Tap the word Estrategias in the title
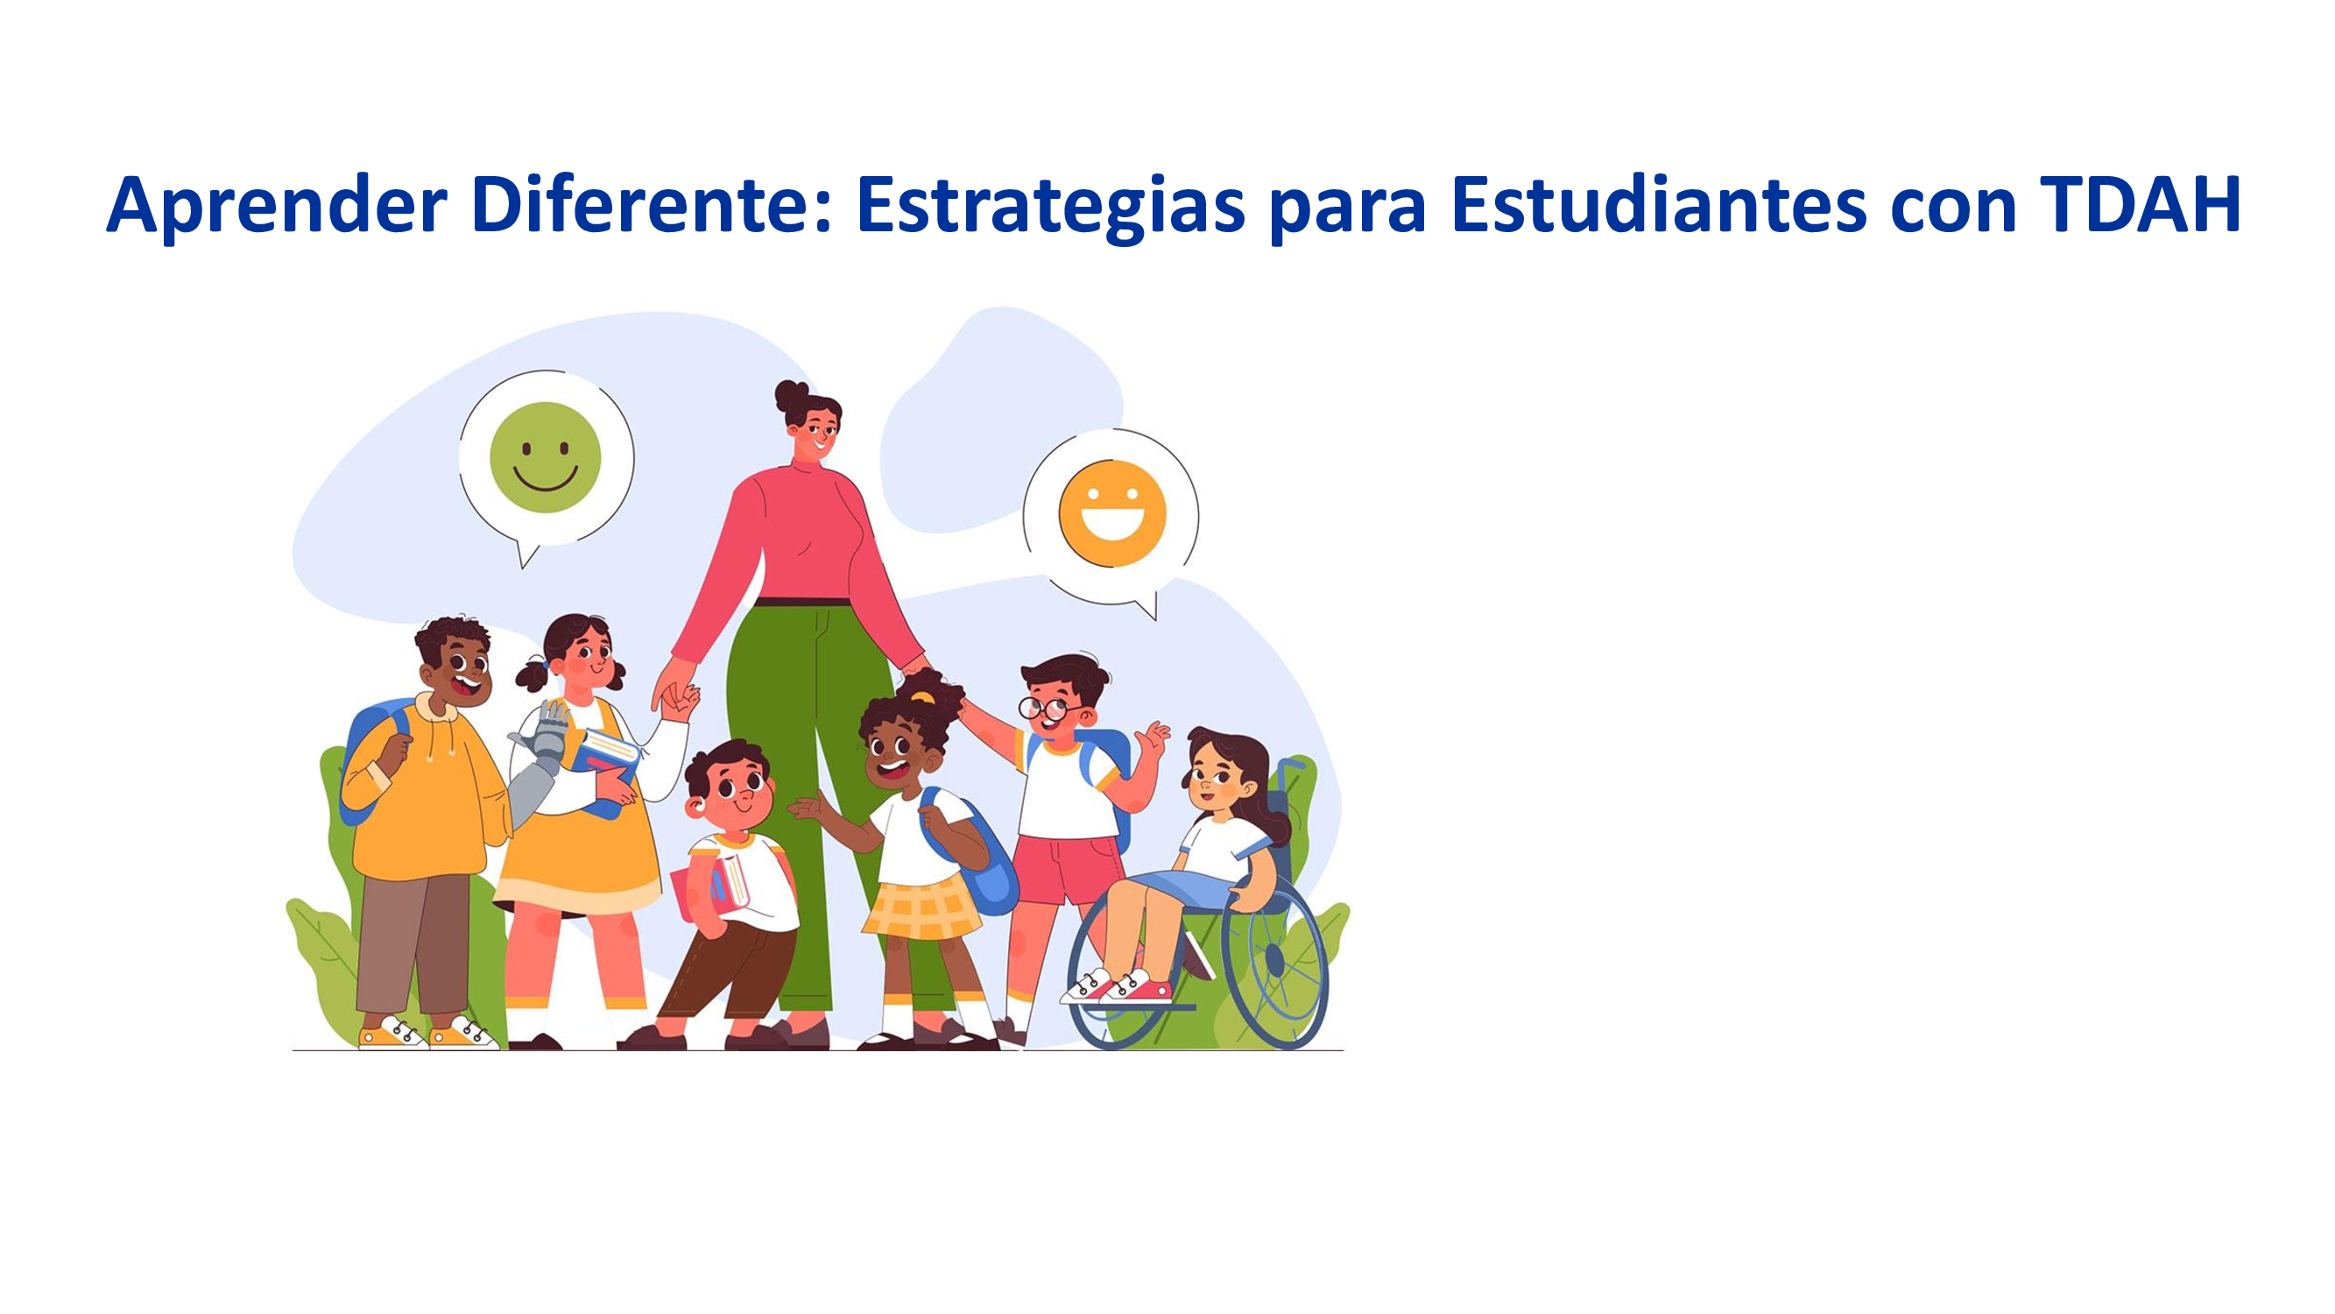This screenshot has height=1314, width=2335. point(1050,208)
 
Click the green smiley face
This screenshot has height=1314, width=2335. point(545,457)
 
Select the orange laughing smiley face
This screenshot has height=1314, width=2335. point(1113,513)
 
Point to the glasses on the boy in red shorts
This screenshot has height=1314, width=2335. point(1045,708)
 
